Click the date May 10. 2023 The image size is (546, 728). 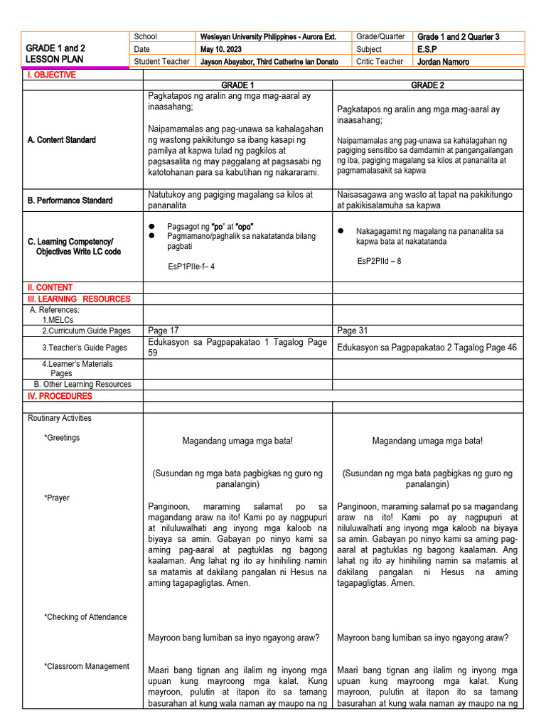[x=222, y=49]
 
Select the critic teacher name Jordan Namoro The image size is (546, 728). [x=443, y=62]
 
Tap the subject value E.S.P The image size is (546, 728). [x=429, y=49]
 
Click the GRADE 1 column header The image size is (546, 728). [x=237, y=85]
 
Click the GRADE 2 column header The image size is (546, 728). [x=428, y=85]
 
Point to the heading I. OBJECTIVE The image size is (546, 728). [x=51, y=75]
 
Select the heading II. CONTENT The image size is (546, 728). [x=50, y=287]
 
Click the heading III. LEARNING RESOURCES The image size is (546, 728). [x=79, y=299]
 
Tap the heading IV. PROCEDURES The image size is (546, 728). [x=60, y=396]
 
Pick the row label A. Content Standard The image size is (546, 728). [x=62, y=140]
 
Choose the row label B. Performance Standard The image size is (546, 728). [x=70, y=200]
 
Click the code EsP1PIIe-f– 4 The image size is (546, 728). [x=191, y=267]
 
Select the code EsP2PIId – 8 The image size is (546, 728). [x=379, y=261]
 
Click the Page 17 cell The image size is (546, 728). [x=164, y=331]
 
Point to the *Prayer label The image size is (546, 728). [x=57, y=498]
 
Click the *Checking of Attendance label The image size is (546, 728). [x=85, y=617]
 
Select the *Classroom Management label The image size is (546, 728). [x=87, y=667]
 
